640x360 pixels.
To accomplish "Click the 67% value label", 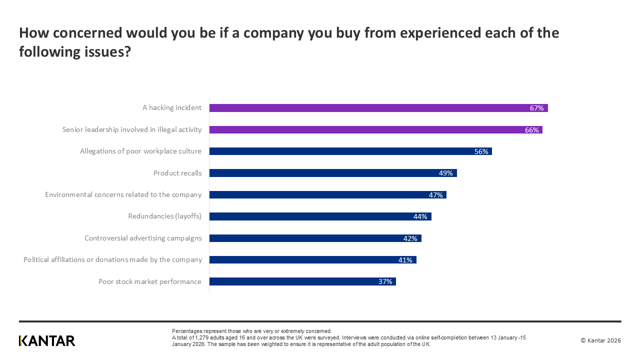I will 537,108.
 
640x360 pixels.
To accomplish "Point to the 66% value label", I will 531,130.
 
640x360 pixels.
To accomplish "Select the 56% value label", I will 481,151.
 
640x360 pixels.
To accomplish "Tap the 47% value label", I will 435,195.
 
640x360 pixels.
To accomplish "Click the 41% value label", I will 405,260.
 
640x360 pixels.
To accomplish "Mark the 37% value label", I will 385,281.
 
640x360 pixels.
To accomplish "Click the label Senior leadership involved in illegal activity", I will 132,130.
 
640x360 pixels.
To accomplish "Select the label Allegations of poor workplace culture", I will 140,151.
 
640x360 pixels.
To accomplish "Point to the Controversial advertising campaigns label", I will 143,238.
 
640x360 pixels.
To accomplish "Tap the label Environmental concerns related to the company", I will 123,195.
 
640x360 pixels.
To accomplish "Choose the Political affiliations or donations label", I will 112,260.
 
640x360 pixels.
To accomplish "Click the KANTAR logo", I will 47,341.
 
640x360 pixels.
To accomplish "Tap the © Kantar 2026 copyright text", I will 600,340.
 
